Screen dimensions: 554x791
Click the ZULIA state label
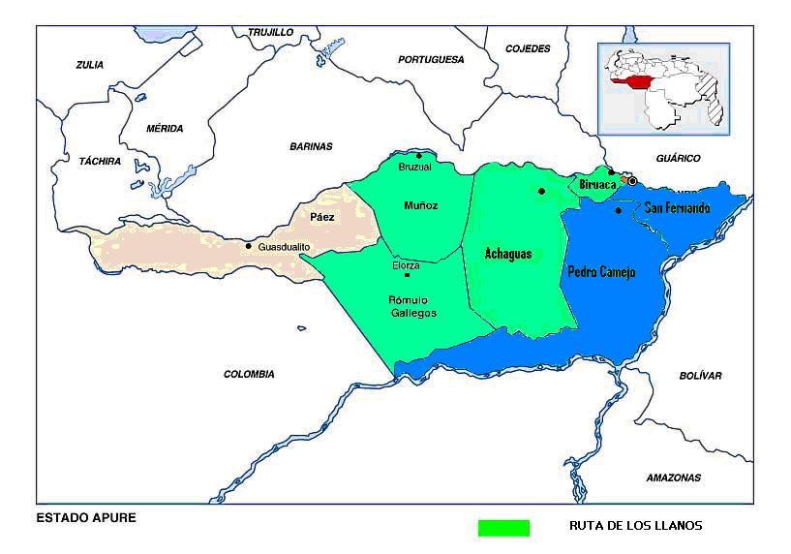[89, 65]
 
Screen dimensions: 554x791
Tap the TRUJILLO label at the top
[270, 32]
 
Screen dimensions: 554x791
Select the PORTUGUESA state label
[431, 59]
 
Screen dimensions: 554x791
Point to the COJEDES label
[528, 48]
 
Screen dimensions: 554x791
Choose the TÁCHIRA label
[100, 161]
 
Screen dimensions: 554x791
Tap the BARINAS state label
[311, 146]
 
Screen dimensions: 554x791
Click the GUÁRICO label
[678, 158]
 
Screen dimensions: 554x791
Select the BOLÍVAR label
[700, 375]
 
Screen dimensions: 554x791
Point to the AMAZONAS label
[673, 477]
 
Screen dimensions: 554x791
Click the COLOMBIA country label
[249, 374]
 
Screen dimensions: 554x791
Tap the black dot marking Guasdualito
[249, 246]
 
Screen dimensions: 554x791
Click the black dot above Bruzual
[418, 156]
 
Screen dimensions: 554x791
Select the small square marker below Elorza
[406, 276]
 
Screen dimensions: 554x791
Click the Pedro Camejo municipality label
[600, 272]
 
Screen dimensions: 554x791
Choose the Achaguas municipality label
[508, 253]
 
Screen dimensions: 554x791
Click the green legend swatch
[503, 528]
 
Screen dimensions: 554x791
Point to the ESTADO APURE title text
[86, 517]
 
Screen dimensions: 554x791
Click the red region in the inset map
[637, 83]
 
